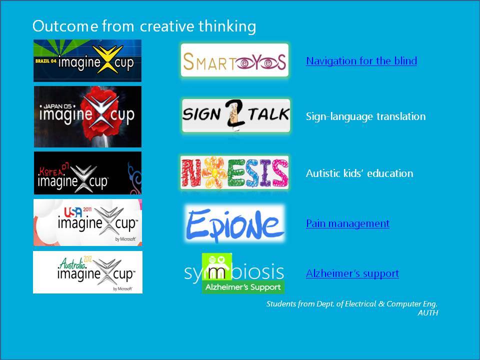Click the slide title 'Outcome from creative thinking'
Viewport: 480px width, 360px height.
click(144, 26)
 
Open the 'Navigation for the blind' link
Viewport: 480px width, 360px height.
click(361, 60)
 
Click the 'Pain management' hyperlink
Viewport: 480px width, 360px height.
click(348, 223)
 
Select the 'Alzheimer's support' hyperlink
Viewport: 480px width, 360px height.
click(352, 273)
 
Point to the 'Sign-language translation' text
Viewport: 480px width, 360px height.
click(366, 116)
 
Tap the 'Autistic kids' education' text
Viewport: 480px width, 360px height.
click(359, 173)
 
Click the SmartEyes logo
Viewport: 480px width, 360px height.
click(235, 60)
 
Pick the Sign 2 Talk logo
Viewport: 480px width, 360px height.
click(236, 115)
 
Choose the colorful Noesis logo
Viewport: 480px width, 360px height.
click(234, 172)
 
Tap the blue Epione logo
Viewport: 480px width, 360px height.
click(235, 224)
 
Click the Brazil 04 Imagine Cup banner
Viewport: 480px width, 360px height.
click(87, 60)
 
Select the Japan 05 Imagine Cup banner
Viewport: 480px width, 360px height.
click(87, 116)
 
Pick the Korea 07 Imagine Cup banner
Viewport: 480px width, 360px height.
click(87, 173)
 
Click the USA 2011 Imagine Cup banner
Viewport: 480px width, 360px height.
click(87, 222)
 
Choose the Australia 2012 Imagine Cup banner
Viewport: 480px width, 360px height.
click(87, 272)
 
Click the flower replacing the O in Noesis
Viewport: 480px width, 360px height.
click(214, 172)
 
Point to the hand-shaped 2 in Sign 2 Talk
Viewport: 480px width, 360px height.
click(235, 114)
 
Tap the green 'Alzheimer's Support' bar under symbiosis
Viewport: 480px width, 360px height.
click(243, 287)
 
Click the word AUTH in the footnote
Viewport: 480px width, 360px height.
click(428, 313)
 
